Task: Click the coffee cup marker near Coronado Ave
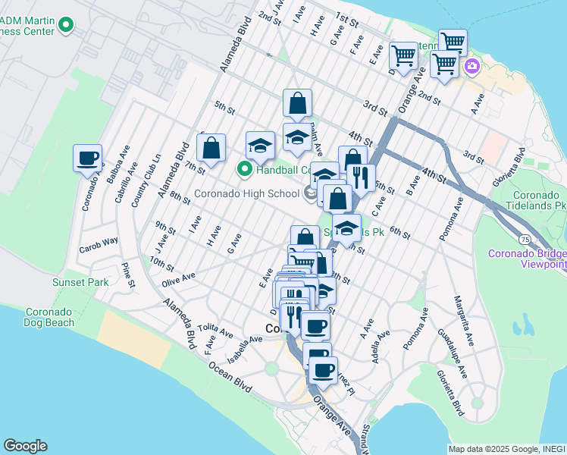pyautogui.click(x=89, y=158)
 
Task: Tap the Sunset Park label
pyautogui.click(x=80, y=282)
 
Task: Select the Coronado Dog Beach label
pyautogui.click(x=50, y=317)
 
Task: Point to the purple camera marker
pyautogui.click(x=472, y=67)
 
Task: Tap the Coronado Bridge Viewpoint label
pyautogui.click(x=528, y=259)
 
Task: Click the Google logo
pyautogui.click(x=25, y=445)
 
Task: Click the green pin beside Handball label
pyautogui.click(x=245, y=168)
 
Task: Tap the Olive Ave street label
pyautogui.click(x=178, y=280)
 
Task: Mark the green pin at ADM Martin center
pyautogui.click(x=66, y=26)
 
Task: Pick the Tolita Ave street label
pyautogui.click(x=216, y=330)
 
